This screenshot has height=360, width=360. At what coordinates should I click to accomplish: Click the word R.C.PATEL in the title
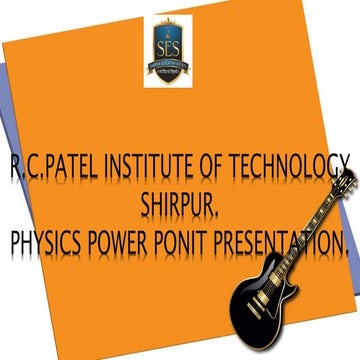click(46, 166)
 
